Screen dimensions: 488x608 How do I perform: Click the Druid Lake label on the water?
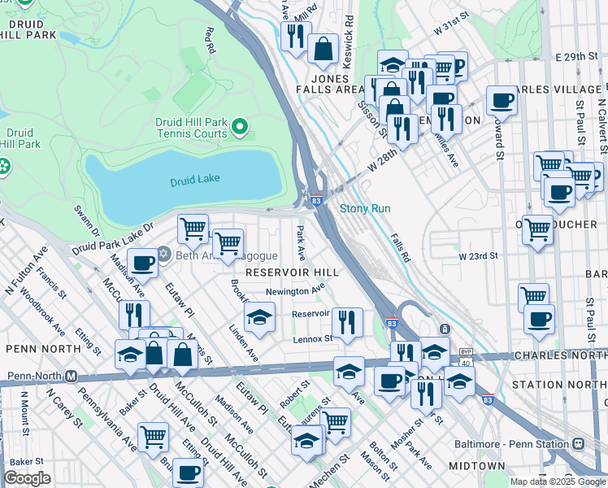pyautogui.click(x=195, y=181)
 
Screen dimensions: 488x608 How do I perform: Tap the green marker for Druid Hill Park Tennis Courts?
pyautogui.click(x=239, y=127)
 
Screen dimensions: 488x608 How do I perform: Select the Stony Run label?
pyautogui.click(x=365, y=209)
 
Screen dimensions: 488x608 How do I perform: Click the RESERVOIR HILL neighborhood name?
pyautogui.click(x=292, y=272)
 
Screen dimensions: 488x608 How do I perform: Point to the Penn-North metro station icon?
pyautogui.click(x=71, y=377)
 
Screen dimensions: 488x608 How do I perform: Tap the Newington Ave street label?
pyautogui.click(x=296, y=291)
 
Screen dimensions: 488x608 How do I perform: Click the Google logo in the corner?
pyautogui.click(x=27, y=478)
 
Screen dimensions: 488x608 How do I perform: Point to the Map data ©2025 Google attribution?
pyautogui.click(x=558, y=481)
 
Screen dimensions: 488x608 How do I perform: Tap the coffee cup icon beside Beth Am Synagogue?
pyautogui.click(x=142, y=264)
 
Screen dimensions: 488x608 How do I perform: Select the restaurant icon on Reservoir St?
pyautogui.click(x=347, y=321)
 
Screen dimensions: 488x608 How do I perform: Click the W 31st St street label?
pyautogui.click(x=454, y=28)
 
